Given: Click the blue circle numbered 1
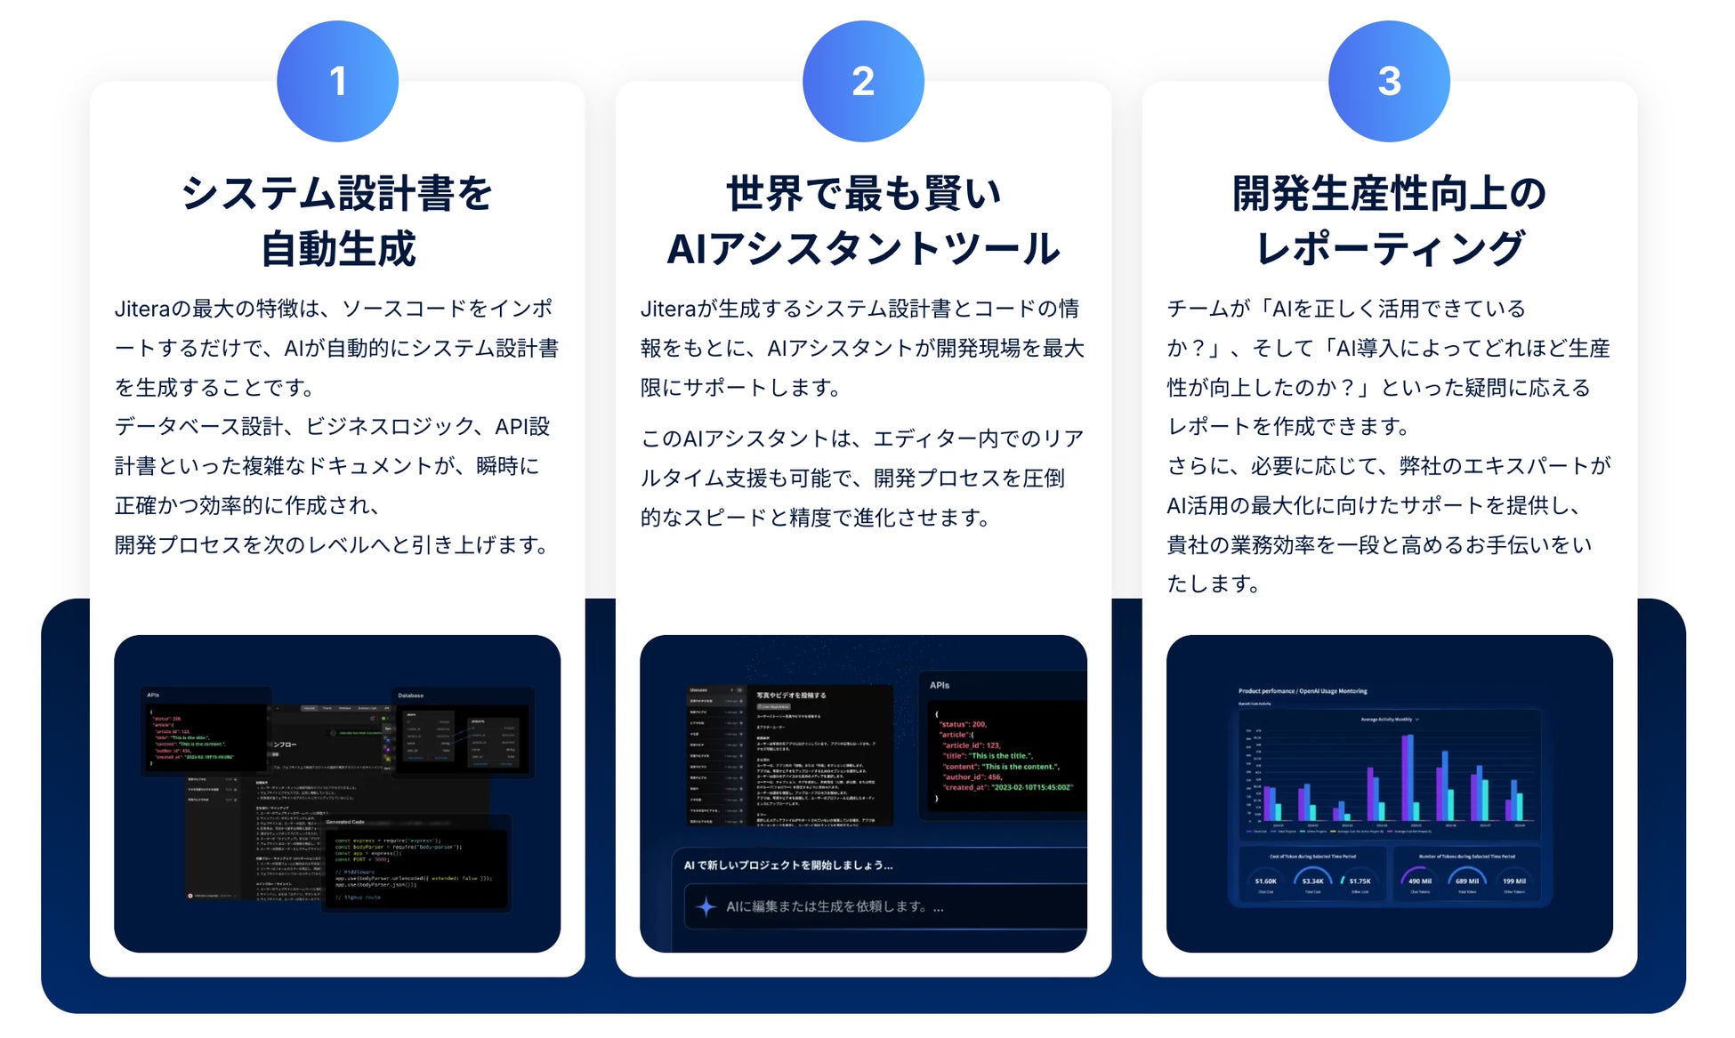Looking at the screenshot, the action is [337, 81].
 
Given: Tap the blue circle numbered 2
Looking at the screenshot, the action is [863, 81].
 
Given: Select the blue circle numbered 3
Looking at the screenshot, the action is [1389, 81].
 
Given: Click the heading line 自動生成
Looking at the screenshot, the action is [337, 248].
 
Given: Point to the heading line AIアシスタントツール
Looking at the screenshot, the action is [863, 248].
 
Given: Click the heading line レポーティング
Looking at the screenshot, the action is [1389, 248].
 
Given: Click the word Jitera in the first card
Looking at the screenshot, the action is [141, 309].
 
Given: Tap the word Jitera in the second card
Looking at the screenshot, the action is [667, 309].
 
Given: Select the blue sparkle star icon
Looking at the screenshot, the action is [706, 906].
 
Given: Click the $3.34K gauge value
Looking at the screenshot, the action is [1312, 881].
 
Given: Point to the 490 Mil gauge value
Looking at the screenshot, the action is [1420, 881].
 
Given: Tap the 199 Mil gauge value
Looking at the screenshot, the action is [1513, 881].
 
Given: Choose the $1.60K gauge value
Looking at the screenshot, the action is [1265, 881].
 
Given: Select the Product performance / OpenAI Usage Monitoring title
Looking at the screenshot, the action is [1303, 691].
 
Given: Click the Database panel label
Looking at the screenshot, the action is [410, 696].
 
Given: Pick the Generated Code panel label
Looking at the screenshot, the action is [345, 822].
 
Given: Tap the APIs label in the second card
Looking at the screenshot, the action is [940, 685].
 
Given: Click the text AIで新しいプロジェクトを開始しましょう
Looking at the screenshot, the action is [787, 865].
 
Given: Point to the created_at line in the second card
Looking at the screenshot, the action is [1008, 787].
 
